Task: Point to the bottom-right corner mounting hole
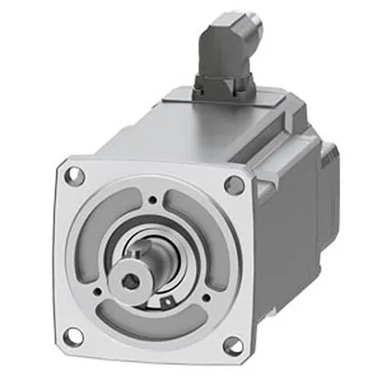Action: [231, 345]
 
